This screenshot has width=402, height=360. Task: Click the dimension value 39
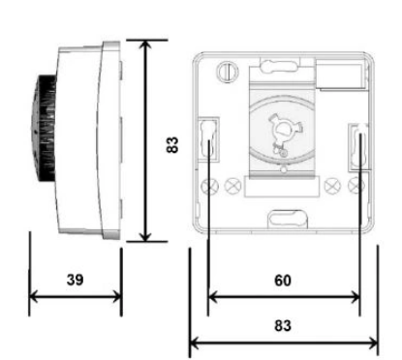(75, 280)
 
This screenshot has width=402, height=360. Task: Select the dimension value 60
(283, 281)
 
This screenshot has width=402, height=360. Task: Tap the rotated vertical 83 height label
(172, 145)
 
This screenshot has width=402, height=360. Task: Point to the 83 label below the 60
(283, 325)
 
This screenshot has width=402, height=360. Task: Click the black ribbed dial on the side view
(44, 129)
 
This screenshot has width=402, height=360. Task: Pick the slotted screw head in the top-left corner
(228, 71)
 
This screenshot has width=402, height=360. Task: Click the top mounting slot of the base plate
(278, 66)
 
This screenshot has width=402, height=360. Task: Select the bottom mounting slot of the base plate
(288, 219)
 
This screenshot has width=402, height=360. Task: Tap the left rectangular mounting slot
(208, 139)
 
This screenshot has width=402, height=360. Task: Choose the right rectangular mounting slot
(359, 147)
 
